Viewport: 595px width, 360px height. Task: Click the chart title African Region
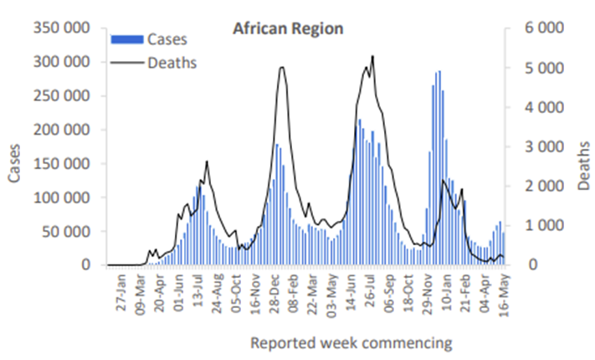[287, 28]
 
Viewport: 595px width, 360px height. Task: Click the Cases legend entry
[167, 39]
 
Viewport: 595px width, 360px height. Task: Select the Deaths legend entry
[172, 62]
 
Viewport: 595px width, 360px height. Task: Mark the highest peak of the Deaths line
[372, 57]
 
